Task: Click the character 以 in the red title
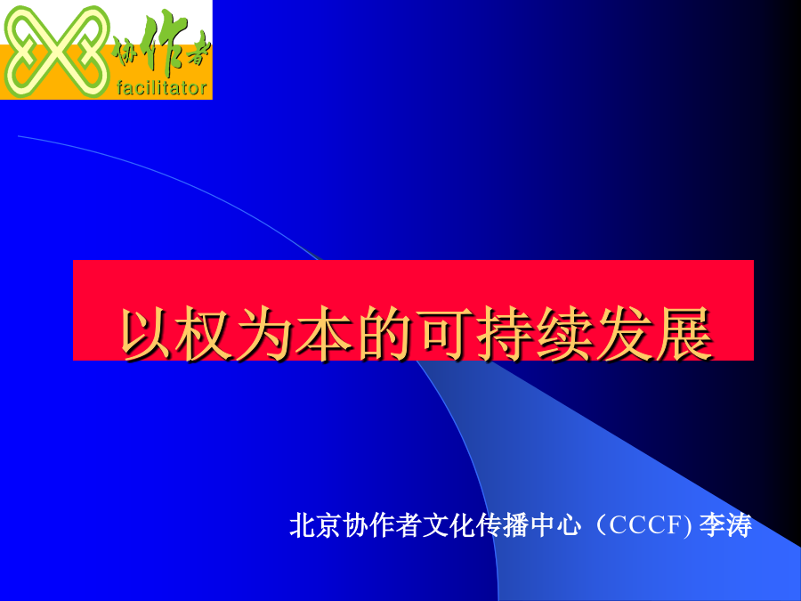pyautogui.click(x=146, y=334)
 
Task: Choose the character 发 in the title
pyautogui.click(x=625, y=334)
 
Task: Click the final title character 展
pyautogui.click(x=684, y=334)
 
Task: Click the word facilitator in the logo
pyautogui.click(x=161, y=88)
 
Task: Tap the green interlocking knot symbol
pyautogui.click(x=56, y=52)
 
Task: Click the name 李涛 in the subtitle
pyautogui.click(x=725, y=524)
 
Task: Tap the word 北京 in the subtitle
pyautogui.click(x=315, y=524)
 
